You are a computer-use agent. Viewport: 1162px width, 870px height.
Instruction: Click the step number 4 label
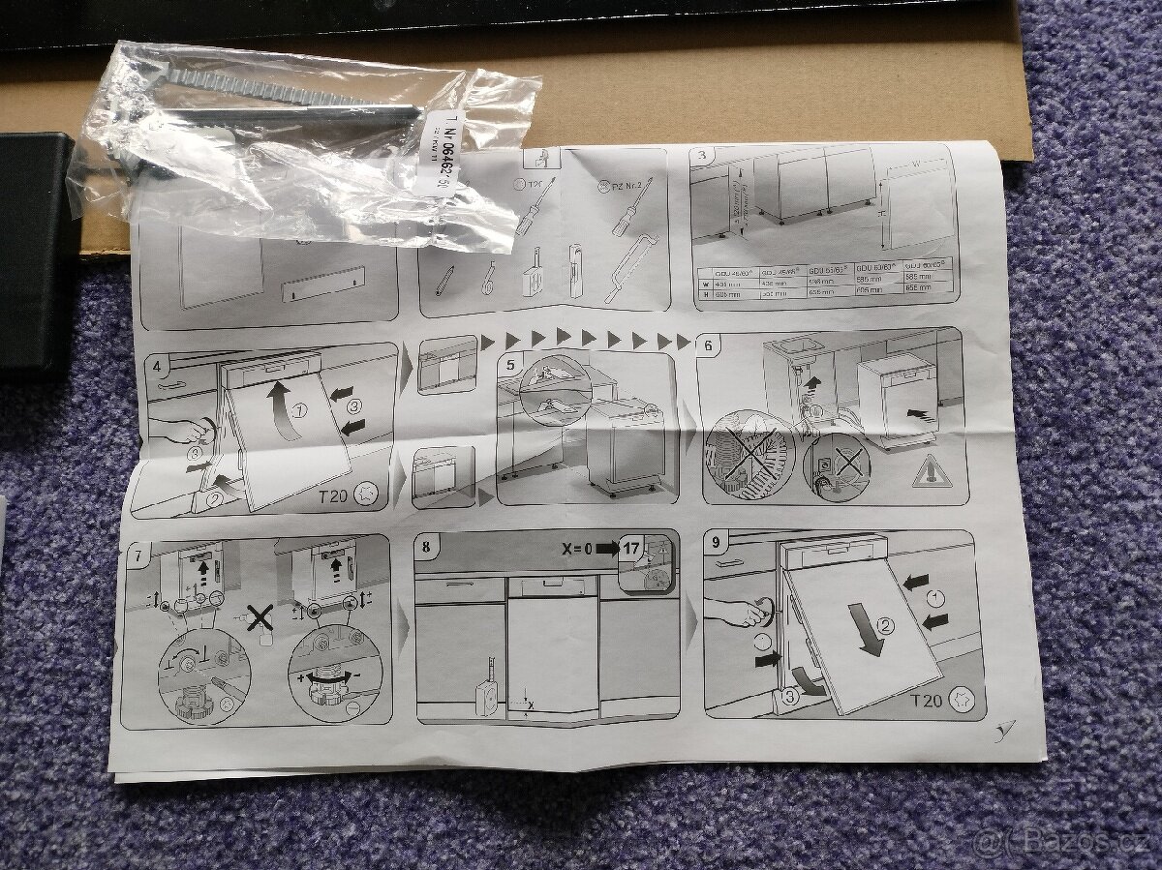156,366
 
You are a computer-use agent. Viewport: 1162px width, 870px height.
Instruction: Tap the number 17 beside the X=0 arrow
631,548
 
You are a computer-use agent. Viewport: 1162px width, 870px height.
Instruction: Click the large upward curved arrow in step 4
281,406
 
